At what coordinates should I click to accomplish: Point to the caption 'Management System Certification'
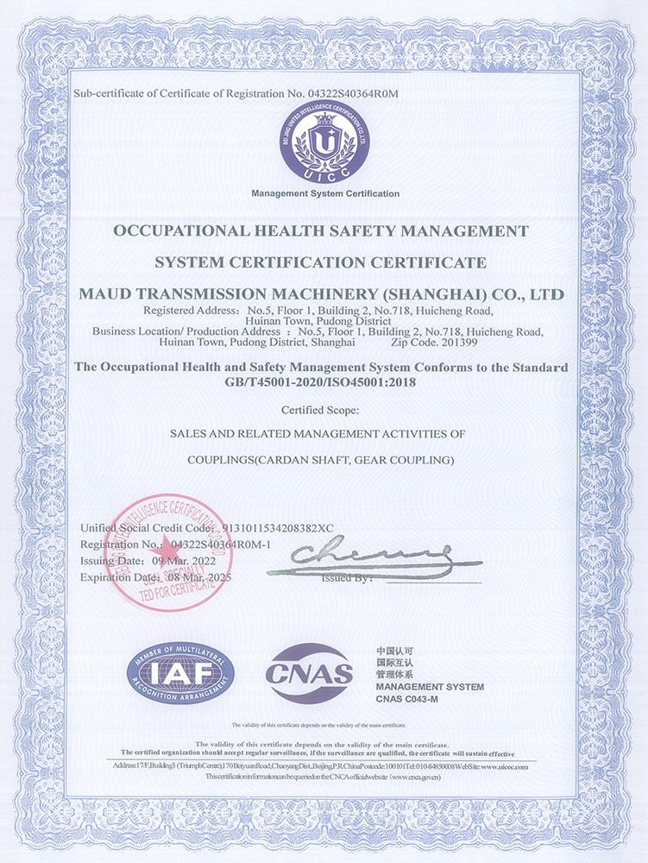(325, 193)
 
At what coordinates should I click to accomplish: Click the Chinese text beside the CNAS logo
(397, 661)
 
